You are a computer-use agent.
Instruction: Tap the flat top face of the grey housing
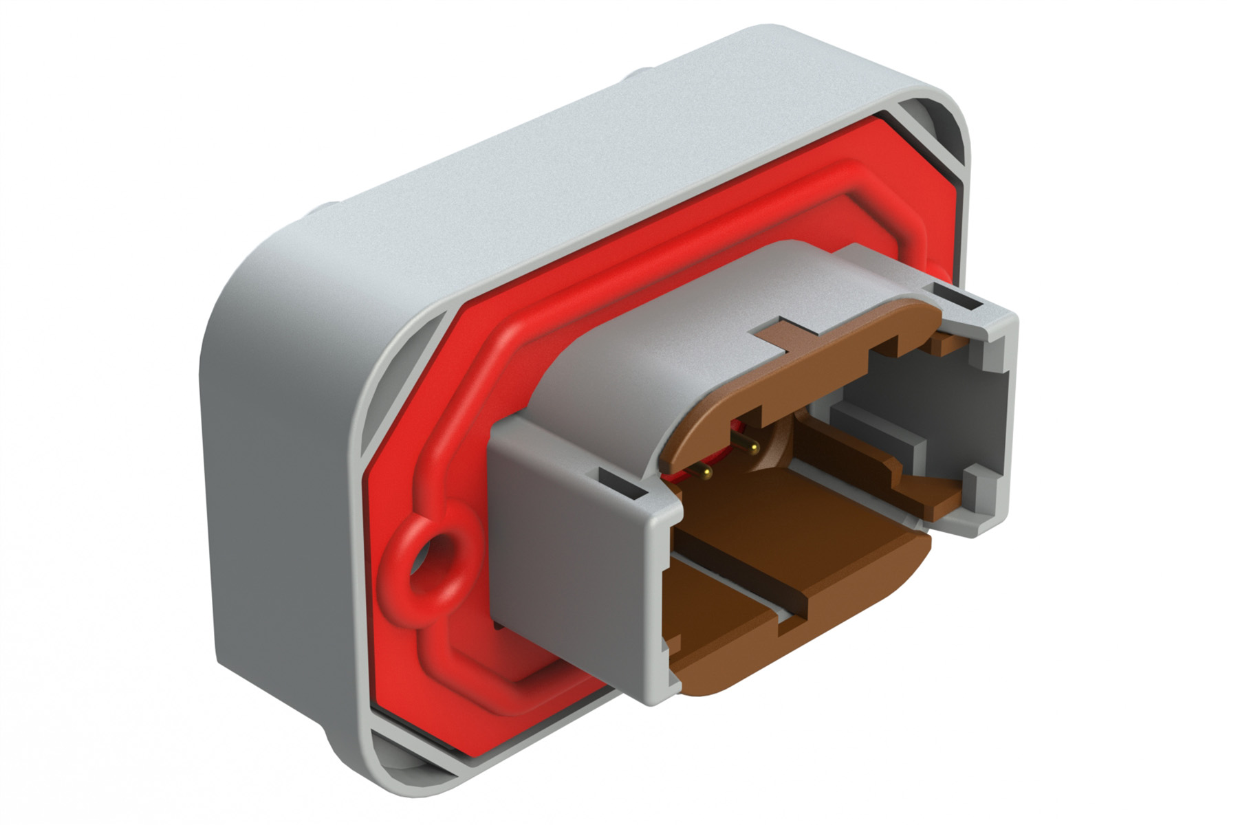click(585, 172)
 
